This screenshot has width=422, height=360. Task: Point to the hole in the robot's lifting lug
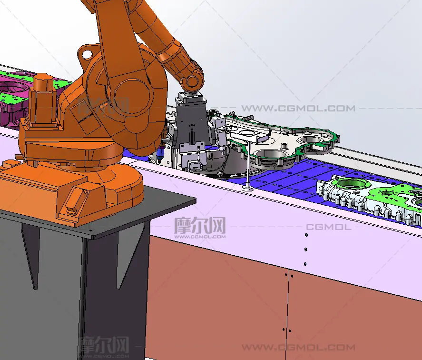(x=87, y=55)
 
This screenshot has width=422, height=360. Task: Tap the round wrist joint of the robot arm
(x=192, y=80)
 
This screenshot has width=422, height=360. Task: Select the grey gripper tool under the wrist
(x=192, y=132)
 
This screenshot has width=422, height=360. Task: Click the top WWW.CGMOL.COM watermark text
(x=298, y=108)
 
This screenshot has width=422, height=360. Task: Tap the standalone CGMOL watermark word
(x=329, y=227)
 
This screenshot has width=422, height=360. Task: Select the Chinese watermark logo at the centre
(x=200, y=228)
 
